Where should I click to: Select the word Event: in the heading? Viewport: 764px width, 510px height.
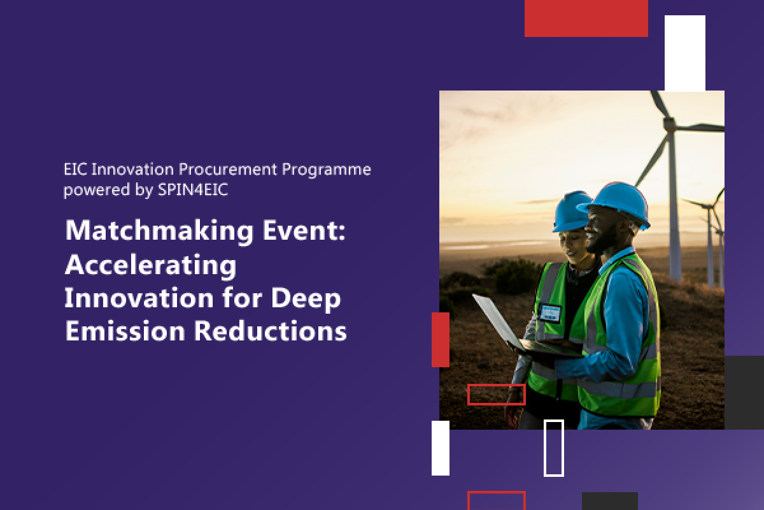coord(304,230)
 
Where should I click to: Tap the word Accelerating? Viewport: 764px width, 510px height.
coord(150,266)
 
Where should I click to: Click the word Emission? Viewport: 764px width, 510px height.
coord(125,330)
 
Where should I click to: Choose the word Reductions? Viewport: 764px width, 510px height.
coord(271,330)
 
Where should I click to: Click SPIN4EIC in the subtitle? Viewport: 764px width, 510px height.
coord(193,189)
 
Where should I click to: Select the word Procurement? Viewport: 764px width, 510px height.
coord(228,169)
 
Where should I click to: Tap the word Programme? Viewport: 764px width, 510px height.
coord(327,170)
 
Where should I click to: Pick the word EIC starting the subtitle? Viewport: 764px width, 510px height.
coord(75,169)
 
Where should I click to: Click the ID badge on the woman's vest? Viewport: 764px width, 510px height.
coord(550,313)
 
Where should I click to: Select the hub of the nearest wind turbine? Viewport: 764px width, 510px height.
coord(669,124)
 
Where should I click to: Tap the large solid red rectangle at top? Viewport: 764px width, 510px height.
coord(586,18)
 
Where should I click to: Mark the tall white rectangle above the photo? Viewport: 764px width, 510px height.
coord(685,53)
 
